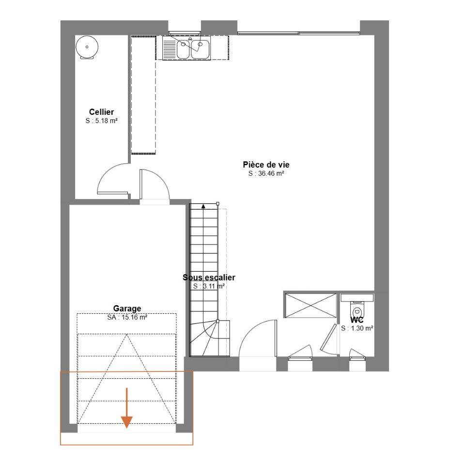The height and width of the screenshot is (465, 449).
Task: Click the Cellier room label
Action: (101, 112)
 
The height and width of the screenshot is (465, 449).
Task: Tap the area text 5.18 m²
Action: (106, 121)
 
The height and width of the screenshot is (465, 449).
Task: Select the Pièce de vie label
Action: (266, 165)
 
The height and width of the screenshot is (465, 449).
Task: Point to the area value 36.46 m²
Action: (271, 173)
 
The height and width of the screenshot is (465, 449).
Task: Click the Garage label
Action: (127, 309)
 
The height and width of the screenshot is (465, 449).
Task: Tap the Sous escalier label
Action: (209, 277)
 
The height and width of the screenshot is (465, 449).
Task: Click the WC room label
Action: (357, 320)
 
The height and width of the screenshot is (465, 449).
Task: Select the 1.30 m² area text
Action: (361, 328)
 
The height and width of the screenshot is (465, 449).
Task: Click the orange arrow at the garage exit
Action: (126, 408)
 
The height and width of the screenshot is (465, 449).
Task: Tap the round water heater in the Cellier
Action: (87, 47)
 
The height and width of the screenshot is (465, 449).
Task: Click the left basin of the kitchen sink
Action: (183, 49)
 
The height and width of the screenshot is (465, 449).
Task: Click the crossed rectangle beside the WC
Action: (310, 305)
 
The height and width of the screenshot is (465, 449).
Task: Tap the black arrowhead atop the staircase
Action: (203, 206)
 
